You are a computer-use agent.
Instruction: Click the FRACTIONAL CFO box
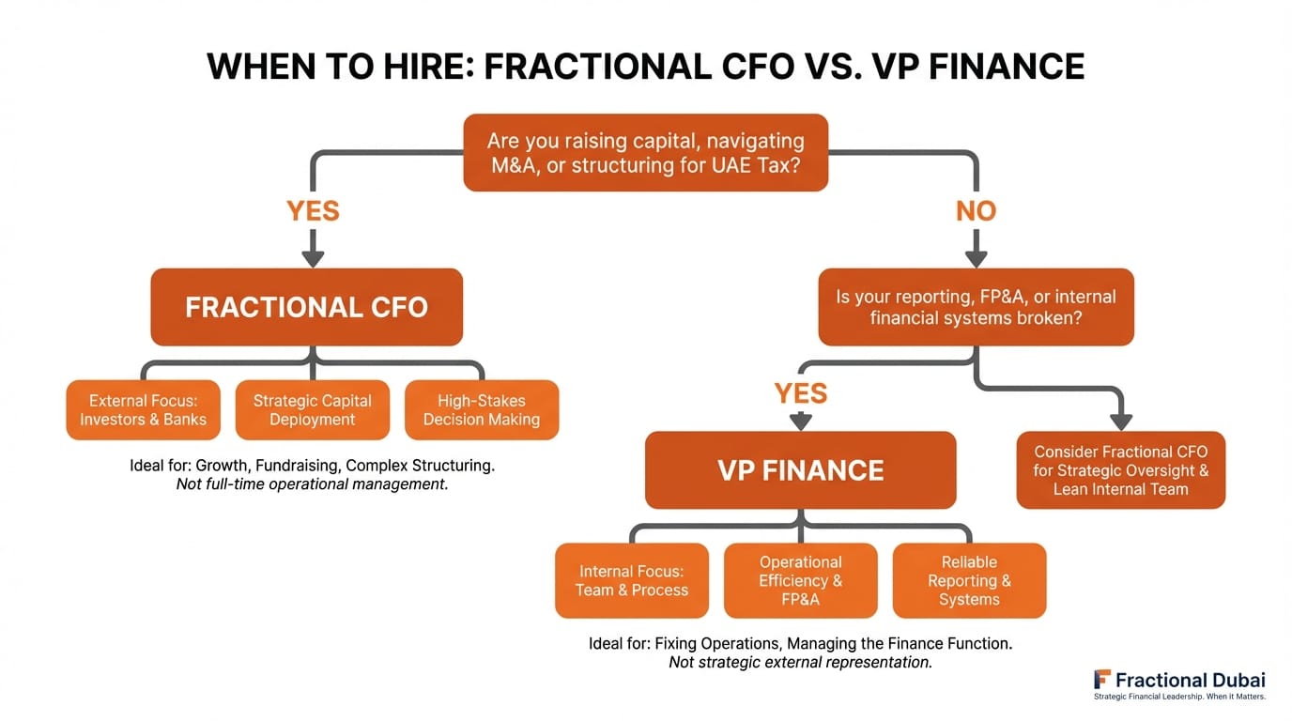(x=306, y=307)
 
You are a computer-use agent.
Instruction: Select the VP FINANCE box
(x=800, y=469)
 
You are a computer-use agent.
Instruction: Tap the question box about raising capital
(x=645, y=153)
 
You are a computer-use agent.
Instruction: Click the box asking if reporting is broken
(x=976, y=307)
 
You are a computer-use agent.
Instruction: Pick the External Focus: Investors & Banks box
(x=143, y=410)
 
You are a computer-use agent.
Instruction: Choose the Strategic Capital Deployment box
(x=312, y=410)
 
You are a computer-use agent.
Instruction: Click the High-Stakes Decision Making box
(x=481, y=410)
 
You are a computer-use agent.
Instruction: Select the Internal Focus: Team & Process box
(x=631, y=580)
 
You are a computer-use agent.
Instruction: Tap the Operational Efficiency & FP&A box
(x=800, y=580)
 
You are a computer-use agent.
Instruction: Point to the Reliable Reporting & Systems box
(x=969, y=580)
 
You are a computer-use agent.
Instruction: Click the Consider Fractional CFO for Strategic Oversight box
(x=1120, y=470)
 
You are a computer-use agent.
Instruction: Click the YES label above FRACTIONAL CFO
(x=313, y=211)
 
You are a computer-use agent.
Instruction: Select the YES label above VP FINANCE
(x=800, y=392)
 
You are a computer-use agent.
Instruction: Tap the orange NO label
(x=976, y=211)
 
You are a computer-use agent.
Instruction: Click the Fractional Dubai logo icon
(x=1102, y=680)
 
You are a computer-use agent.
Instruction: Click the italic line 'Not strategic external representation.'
(x=800, y=663)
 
